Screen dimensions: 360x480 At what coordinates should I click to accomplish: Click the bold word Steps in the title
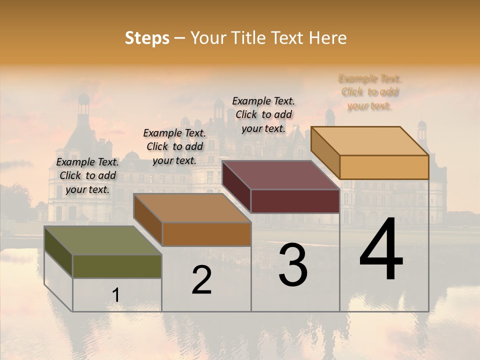(x=147, y=38)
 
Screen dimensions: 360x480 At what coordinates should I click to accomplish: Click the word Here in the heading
(x=328, y=38)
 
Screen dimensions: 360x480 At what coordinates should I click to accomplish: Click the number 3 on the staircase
(x=293, y=265)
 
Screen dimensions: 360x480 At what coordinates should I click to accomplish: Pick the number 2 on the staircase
(x=202, y=280)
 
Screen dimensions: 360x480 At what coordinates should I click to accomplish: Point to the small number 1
(x=116, y=295)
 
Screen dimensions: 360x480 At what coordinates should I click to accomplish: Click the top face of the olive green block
(x=102, y=240)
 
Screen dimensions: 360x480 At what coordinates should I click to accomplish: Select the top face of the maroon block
(x=280, y=175)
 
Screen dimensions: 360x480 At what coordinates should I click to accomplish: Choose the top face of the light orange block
(x=369, y=141)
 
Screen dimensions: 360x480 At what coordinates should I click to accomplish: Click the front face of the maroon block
(x=295, y=201)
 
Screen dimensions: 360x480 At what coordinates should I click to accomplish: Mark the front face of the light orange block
(x=384, y=167)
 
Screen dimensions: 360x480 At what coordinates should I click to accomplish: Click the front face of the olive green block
(x=117, y=266)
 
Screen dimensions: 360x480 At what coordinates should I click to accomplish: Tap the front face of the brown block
(x=206, y=234)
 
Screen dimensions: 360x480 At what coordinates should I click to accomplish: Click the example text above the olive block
(x=87, y=175)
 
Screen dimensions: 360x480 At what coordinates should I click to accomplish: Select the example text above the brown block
(x=174, y=146)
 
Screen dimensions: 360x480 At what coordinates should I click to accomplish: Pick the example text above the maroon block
(x=263, y=114)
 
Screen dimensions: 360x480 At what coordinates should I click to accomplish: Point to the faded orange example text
(x=369, y=92)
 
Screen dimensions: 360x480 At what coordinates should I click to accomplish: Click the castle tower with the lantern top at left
(x=83, y=107)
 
